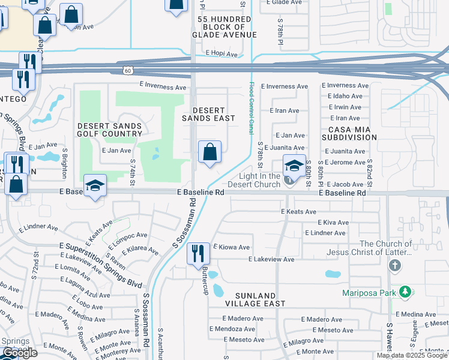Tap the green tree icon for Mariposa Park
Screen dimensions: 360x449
click(406, 292)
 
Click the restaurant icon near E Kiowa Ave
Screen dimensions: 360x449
click(197, 254)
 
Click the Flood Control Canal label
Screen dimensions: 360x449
click(252, 109)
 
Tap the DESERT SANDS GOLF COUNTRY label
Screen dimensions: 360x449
click(110, 130)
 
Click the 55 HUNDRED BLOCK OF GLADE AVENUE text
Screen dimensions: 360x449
click(224, 27)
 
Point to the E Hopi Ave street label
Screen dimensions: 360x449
click(221, 53)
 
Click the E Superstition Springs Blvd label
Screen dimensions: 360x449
click(100, 265)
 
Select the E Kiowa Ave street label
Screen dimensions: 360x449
click(231, 247)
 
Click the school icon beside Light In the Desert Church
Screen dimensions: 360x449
click(295, 166)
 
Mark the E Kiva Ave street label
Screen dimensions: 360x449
click(325, 222)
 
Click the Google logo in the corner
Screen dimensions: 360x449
click(19, 353)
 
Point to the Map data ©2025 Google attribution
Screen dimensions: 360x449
click(411, 355)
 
